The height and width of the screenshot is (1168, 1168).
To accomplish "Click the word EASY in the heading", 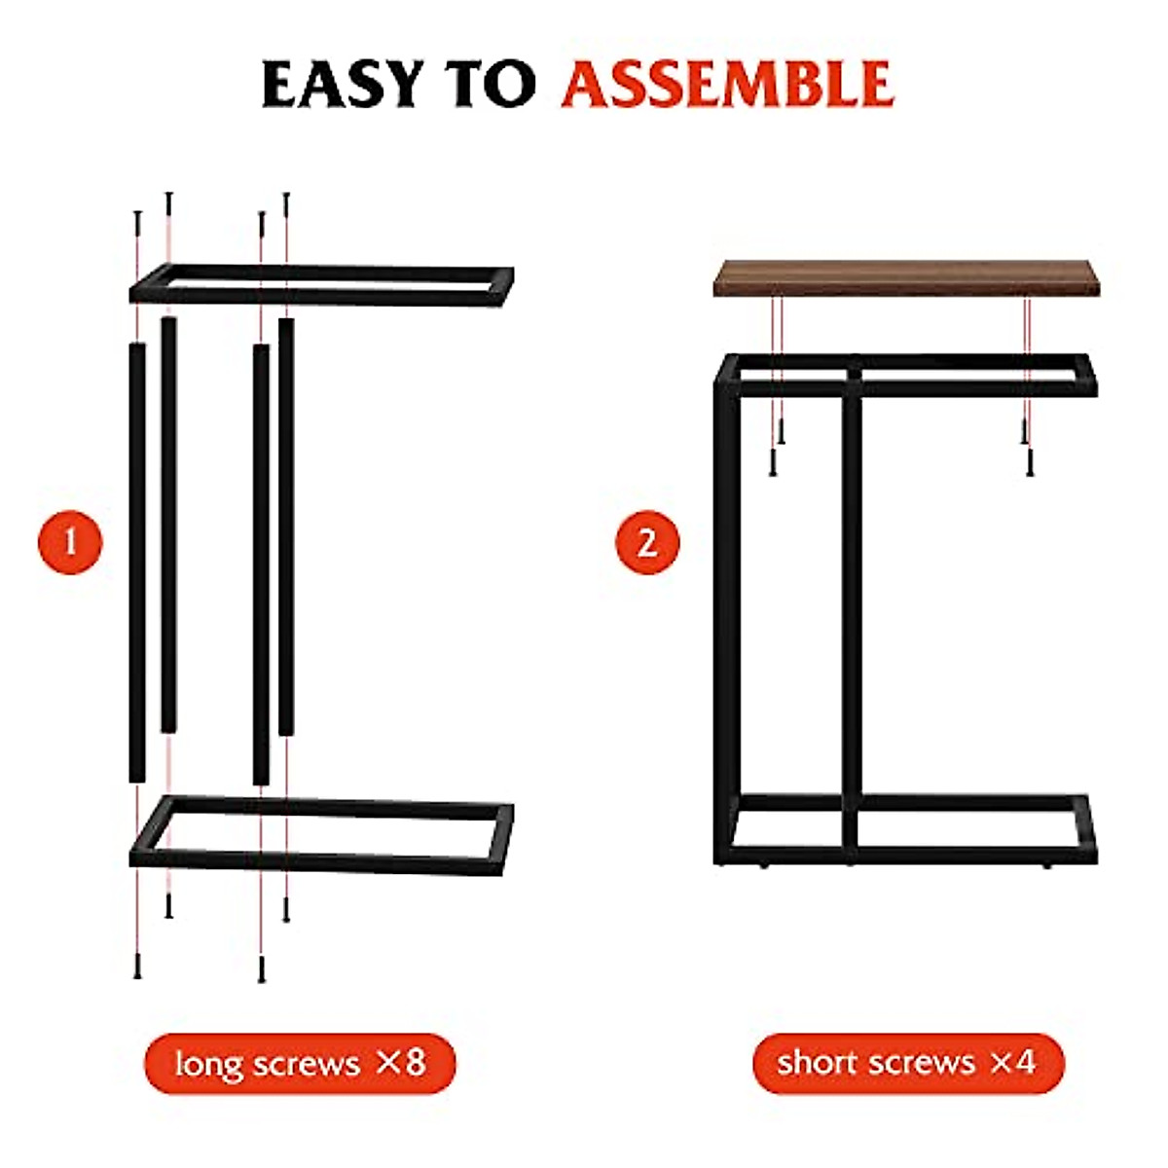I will pyautogui.click(x=344, y=84).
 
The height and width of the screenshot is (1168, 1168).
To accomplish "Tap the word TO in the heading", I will pyautogui.click(x=491, y=84).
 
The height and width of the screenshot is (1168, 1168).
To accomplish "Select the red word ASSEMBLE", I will pyautogui.click(x=727, y=84).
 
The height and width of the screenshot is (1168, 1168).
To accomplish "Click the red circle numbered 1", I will pyautogui.click(x=70, y=541).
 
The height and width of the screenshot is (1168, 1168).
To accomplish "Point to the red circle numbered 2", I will pyautogui.click(x=647, y=541).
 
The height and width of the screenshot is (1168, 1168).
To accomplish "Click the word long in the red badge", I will pyautogui.click(x=208, y=1064).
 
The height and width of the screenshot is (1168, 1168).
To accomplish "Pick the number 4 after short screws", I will pyautogui.click(x=1024, y=1062).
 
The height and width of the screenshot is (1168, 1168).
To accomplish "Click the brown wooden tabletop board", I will pyautogui.click(x=909, y=278).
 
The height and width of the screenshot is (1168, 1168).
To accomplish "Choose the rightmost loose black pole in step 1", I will pyautogui.click(x=286, y=526).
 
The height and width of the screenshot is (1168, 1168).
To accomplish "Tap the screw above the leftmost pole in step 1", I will pyautogui.click(x=137, y=223).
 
